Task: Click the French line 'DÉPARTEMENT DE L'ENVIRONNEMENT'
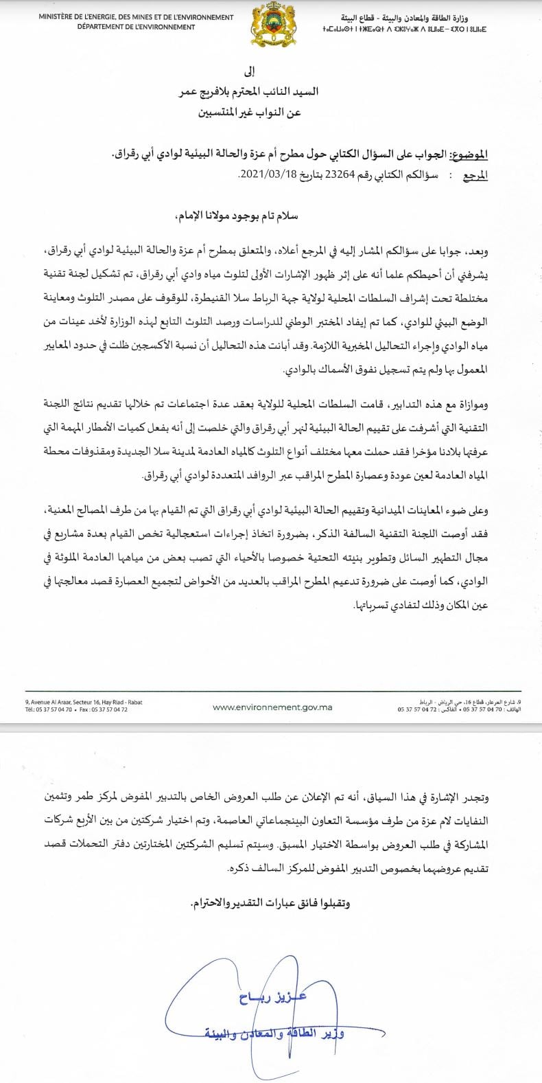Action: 136,27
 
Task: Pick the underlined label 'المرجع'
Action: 475,176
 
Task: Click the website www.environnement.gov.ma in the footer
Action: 272,707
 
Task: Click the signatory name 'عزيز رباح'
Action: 273,997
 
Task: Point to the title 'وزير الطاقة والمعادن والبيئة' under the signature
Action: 274,1033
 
